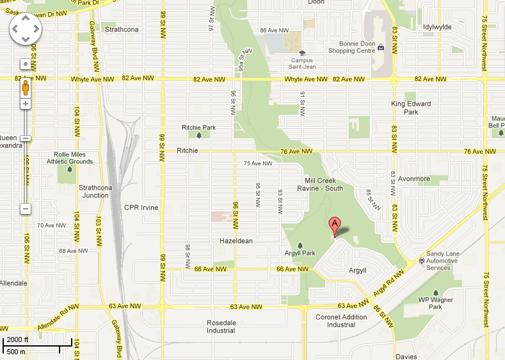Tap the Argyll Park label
click(300, 253)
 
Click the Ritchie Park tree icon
click(199, 135)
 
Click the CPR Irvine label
click(140, 208)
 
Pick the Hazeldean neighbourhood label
click(236, 240)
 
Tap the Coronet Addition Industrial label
click(341, 321)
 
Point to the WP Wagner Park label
click(436, 303)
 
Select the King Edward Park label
click(411, 107)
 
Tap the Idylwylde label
click(438, 27)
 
